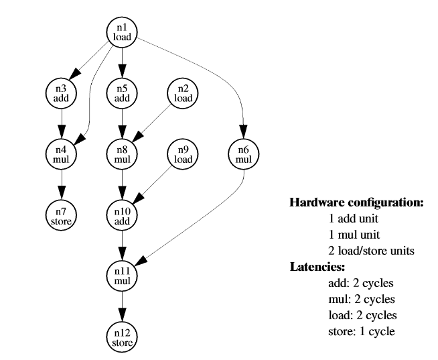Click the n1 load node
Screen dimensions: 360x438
pyautogui.click(x=122, y=32)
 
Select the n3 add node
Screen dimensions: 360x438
pyautogui.click(x=61, y=93)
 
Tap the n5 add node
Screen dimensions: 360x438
pyautogui.click(x=122, y=93)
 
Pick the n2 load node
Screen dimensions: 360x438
pyautogui.click(x=183, y=93)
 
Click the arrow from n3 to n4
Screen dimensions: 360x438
pyautogui.click(x=61, y=123)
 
